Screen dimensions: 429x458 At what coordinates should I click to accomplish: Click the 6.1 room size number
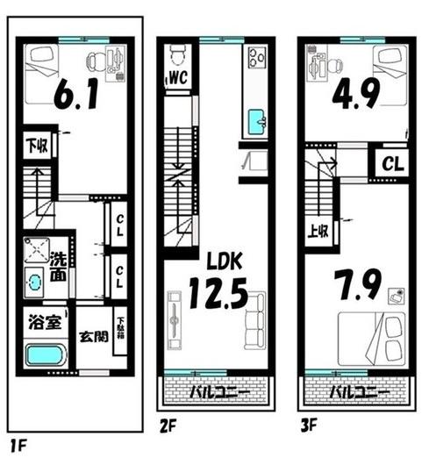tap(76, 94)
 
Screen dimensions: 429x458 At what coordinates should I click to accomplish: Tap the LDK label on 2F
tap(225, 261)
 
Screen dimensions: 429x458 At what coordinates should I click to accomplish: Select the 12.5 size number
tap(218, 293)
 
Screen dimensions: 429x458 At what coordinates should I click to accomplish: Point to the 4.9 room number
tap(356, 93)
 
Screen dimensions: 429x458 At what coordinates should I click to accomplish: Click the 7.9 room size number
tap(358, 285)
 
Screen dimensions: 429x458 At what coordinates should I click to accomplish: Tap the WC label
tap(178, 78)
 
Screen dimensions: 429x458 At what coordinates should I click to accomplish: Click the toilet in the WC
tap(176, 55)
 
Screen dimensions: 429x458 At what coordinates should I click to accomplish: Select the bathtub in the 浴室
tap(46, 354)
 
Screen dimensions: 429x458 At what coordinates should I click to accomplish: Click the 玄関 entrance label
tap(94, 337)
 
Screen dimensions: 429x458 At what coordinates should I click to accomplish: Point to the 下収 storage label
tap(37, 146)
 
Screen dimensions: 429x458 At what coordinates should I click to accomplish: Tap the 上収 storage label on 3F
tap(318, 232)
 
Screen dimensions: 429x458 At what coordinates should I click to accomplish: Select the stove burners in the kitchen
tap(257, 58)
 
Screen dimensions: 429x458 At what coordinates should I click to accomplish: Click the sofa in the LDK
tap(255, 320)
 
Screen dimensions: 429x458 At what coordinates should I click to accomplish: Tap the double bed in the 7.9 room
tap(372, 339)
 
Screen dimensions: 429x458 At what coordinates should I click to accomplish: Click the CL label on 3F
tap(393, 164)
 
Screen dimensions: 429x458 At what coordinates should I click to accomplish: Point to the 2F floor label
tap(168, 426)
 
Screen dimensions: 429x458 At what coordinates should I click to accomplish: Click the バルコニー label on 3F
tap(360, 392)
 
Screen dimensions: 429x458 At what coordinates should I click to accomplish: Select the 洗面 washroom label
tap(59, 266)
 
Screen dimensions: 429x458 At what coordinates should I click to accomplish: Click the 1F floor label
tap(18, 446)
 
